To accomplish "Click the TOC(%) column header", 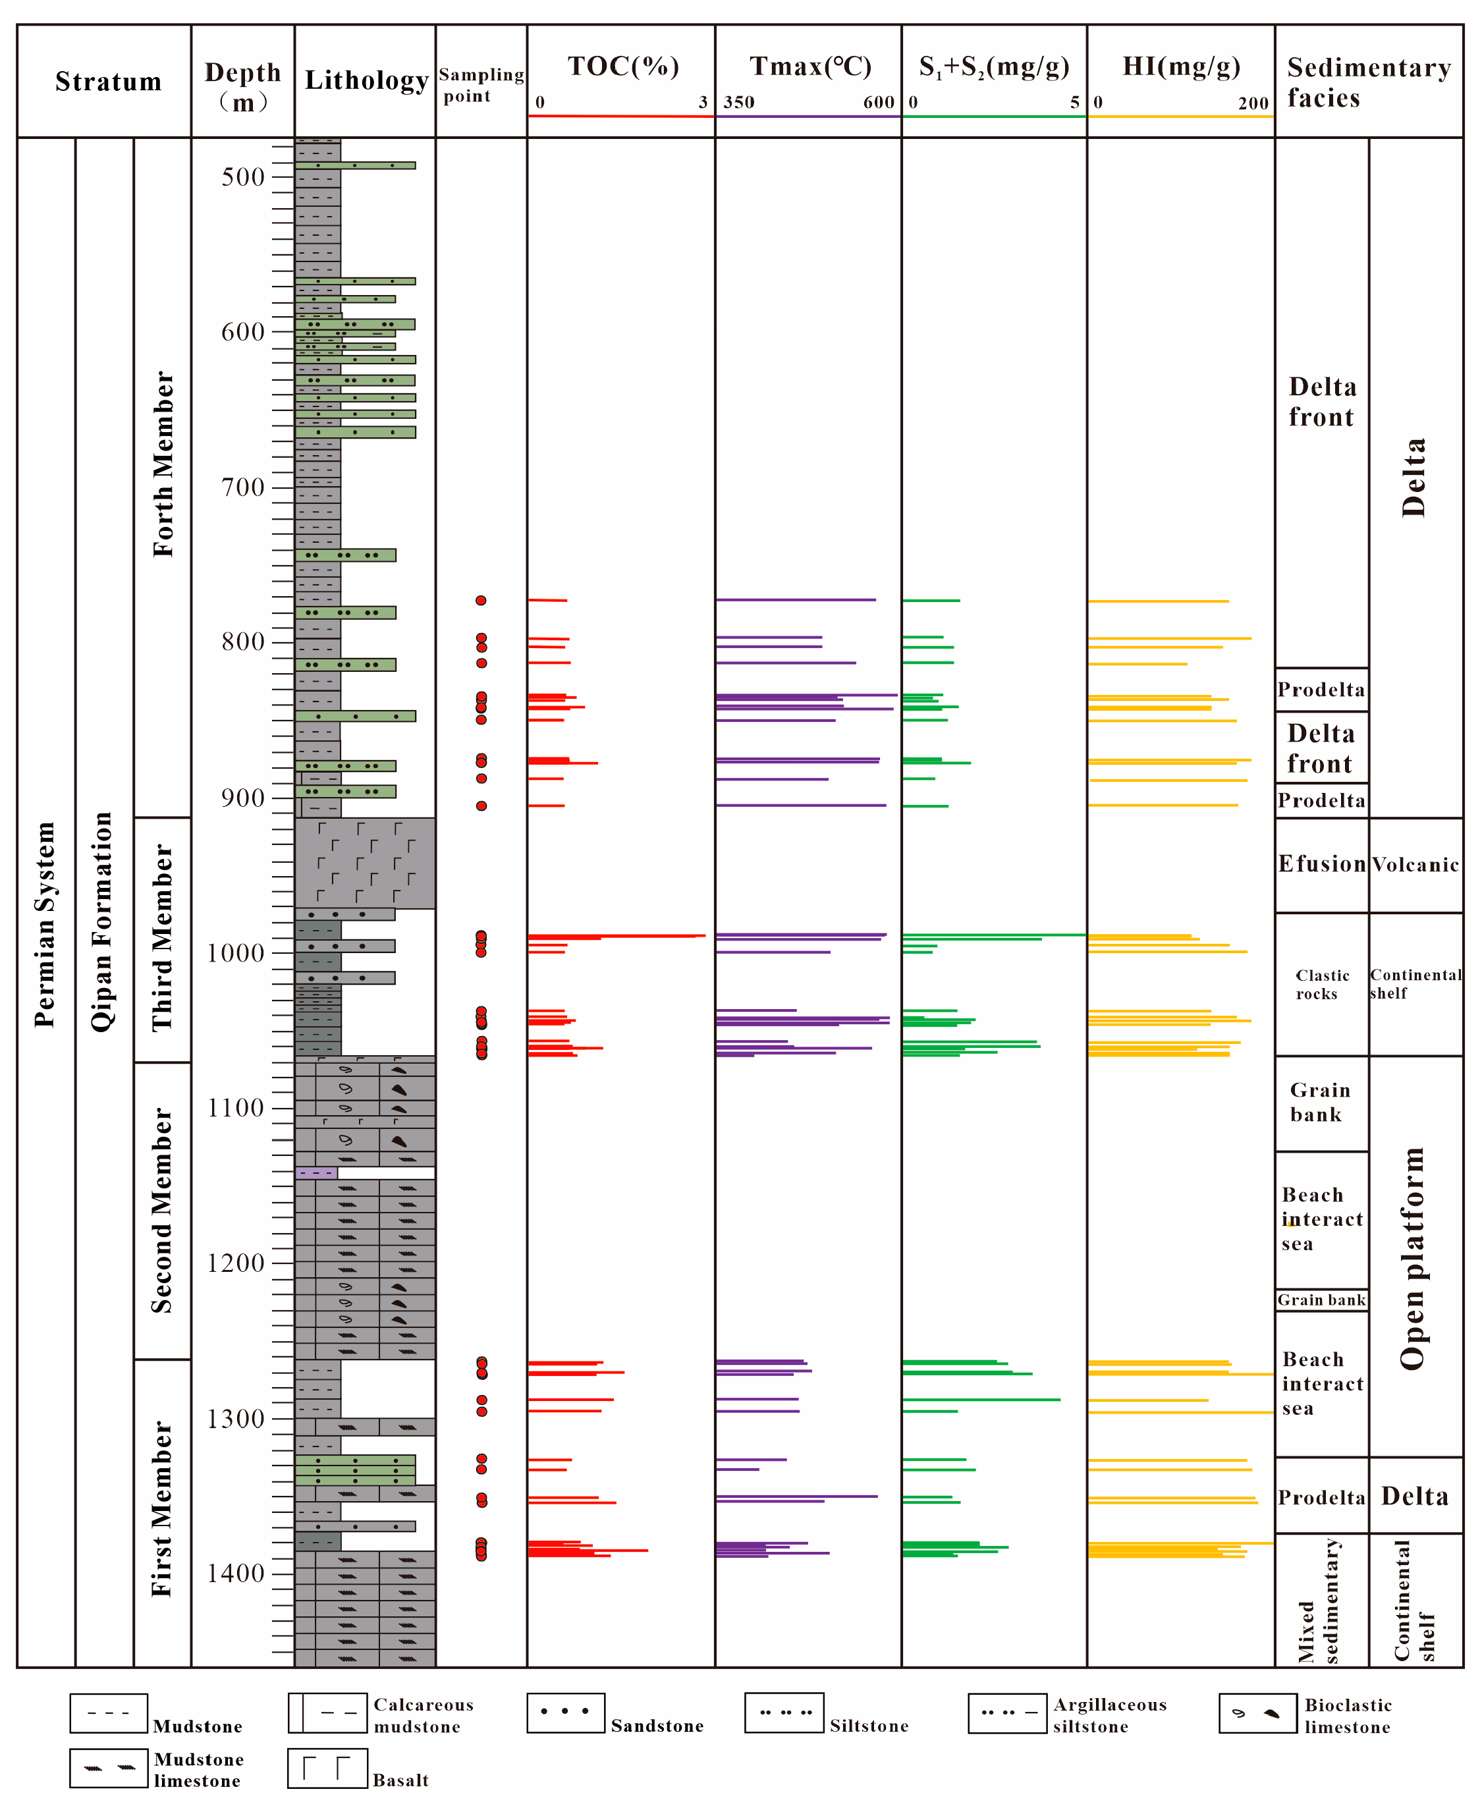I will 623,67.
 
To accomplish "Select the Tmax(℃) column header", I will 810,67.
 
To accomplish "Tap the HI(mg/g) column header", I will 1180,67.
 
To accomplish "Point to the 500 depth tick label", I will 243,177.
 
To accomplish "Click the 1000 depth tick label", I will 236,952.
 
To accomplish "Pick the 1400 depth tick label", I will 236,1574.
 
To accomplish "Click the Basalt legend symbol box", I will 328,1768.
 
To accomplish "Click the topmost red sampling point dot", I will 481,601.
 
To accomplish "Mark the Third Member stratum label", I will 162,939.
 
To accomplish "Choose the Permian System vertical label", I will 44,925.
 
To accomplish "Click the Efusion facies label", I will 1321,864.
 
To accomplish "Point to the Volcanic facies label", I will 1415,865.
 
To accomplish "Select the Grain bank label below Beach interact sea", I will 1321,1300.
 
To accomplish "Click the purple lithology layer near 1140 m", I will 316,1173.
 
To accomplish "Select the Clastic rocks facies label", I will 1321,984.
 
